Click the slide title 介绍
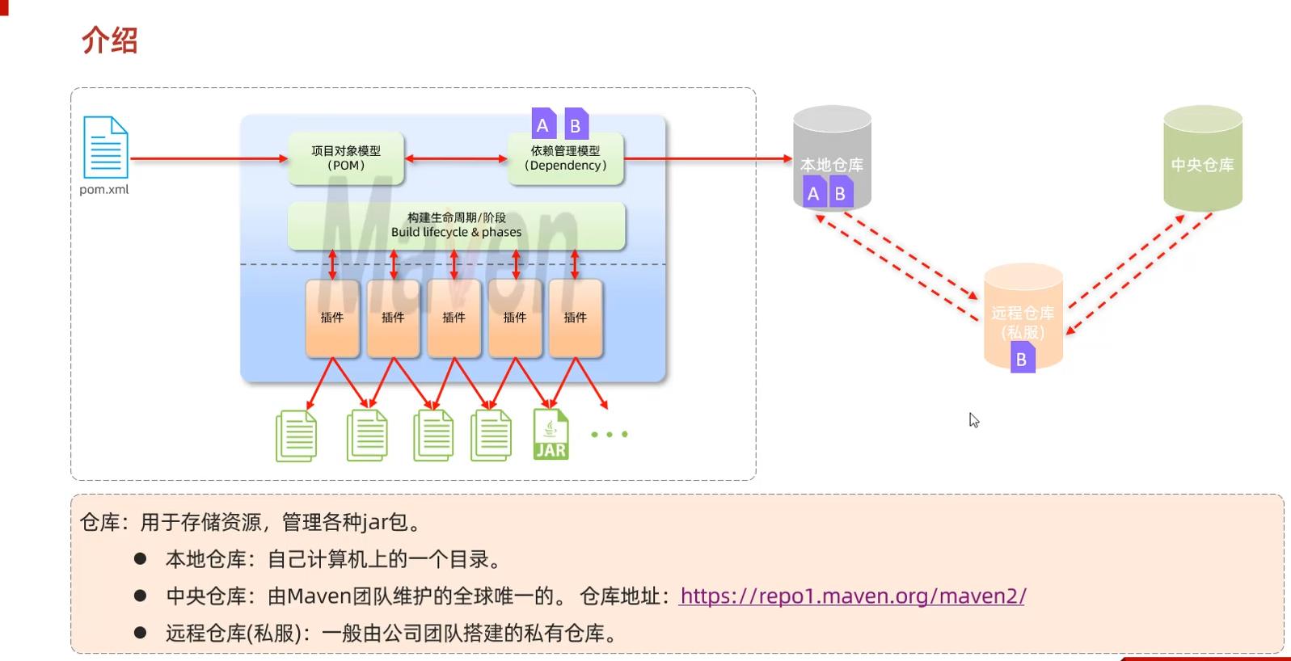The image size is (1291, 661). click(x=110, y=40)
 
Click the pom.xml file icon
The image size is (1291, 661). click(x=106, y=147)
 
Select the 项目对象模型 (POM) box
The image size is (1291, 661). click(x=346, y=158)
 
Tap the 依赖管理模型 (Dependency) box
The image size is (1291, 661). click(x=565, y=158)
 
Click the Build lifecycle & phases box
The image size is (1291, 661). click(x=456, y=225)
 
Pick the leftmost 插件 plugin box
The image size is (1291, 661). click(x=332, y=318)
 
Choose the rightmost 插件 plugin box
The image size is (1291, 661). click(x=576, y=318)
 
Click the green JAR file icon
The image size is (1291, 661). click(x=551, y=435)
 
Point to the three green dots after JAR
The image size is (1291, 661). click(x=610, y=435)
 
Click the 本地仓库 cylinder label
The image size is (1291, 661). click(x=832, y=165)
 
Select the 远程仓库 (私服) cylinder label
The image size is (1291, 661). click(x=1023, y=322)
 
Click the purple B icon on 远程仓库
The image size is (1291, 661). click(x=1022, y=358)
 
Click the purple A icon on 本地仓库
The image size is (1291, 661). click(x=813, y=193)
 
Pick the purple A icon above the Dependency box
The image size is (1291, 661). click(x=543, y=124)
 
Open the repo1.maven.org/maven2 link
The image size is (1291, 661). click(x=853, y=596)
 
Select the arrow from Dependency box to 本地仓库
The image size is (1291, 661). click(x=707, y=158)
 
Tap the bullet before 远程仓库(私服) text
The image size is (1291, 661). click(x=141, y=633)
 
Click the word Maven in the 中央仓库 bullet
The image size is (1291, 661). click(x=319, y=596)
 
